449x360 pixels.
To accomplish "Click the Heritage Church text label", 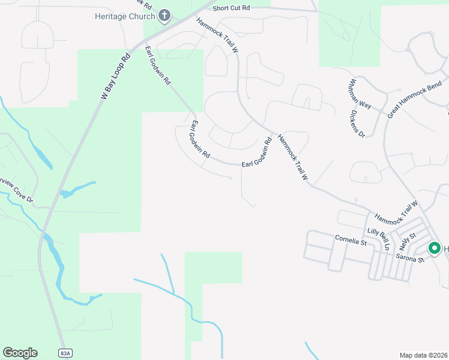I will point(125,16).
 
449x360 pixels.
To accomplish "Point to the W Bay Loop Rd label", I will point(116,77).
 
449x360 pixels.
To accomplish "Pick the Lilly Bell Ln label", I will point(379,238).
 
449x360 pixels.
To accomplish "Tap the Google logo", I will point(20,353).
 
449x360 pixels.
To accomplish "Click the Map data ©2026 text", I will point(424,355).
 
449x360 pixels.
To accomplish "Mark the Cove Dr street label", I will point(17,188).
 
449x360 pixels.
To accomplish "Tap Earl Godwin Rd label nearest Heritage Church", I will point(158,64).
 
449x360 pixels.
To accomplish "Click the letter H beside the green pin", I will point(446,248).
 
